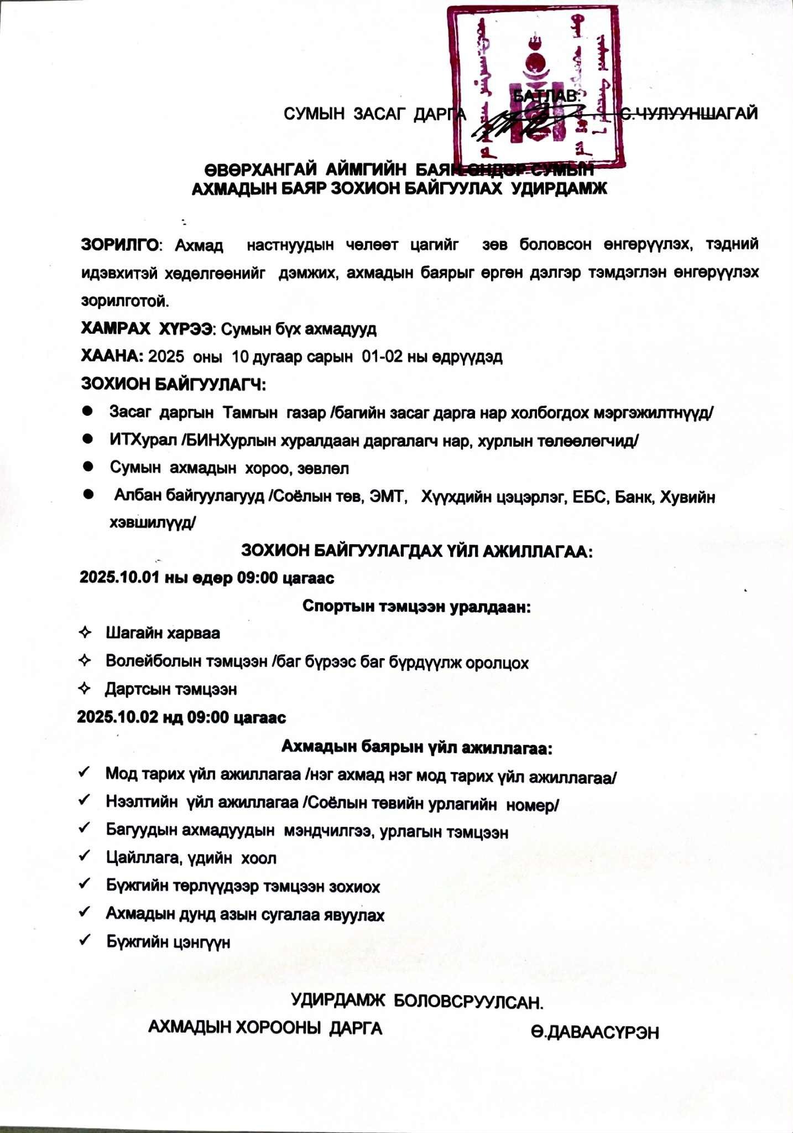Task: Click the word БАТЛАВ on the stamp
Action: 546,95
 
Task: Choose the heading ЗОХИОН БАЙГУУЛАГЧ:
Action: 173,384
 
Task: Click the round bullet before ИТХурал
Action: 87,438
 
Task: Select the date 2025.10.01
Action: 119,578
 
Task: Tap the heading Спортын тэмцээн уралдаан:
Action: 416,606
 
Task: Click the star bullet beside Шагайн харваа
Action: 85,633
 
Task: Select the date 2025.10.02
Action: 117,717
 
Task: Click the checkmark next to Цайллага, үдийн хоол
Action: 85,857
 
